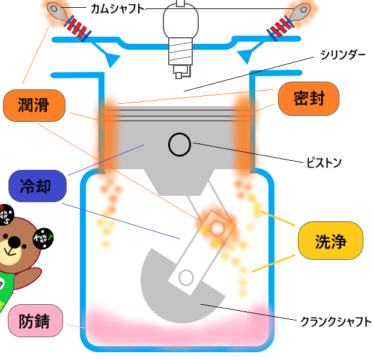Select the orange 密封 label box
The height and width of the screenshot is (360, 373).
(x=309, y=98)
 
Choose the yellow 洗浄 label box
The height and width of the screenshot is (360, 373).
(x=331, y=241)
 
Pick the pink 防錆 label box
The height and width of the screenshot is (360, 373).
(x=37, y=322)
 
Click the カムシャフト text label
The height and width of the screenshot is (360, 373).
(x=118, y=8)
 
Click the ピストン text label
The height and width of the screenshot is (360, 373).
(x=324, y=162)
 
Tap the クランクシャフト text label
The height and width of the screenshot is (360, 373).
(x=336, y=321)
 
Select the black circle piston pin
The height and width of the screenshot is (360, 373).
(x=180, y=144)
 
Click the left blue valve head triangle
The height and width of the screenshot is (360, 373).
(x=112, y=58)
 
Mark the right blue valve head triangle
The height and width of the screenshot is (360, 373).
(x=247, y=56)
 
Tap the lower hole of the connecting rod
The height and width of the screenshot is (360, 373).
(x=186, y=277)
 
